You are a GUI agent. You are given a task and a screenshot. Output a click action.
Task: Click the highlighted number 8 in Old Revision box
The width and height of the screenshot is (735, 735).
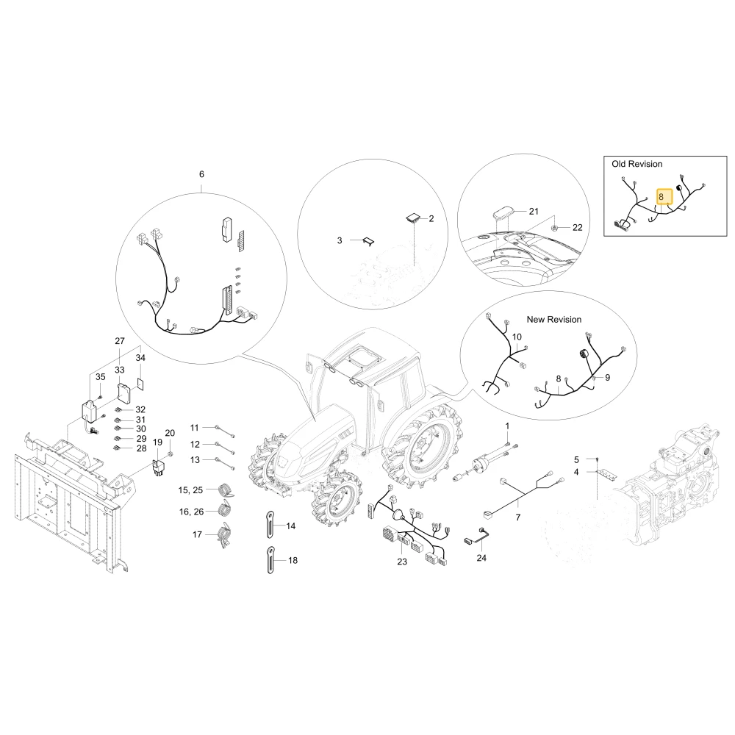661,197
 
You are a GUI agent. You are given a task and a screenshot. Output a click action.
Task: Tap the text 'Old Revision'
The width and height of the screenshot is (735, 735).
637,164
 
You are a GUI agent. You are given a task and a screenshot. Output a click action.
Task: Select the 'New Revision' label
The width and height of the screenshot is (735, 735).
553,319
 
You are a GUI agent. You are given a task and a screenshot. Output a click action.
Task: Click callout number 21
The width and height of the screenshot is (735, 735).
534,212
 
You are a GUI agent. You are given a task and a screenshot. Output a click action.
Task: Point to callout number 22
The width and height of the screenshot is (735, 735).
578,227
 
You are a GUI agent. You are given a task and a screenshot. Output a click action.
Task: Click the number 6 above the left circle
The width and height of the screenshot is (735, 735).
201,174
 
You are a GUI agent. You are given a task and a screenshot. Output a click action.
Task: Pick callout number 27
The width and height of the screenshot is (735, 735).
120,341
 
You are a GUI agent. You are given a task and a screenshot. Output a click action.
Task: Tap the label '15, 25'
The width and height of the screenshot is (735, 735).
190,490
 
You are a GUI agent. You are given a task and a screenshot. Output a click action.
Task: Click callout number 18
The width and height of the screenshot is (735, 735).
293,560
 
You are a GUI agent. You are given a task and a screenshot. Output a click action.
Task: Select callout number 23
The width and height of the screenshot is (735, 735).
402,562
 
